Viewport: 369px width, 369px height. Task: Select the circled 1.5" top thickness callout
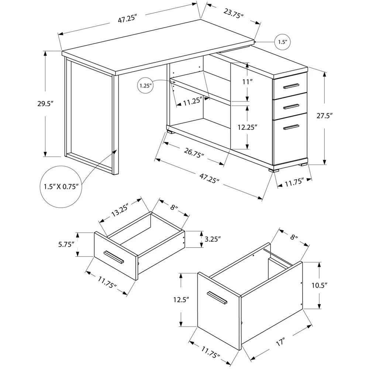point(283,42)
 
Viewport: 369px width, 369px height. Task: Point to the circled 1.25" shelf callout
point(145,86)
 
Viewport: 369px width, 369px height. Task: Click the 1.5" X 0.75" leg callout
point(61,187)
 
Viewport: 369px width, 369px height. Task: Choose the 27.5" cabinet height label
point(324,116)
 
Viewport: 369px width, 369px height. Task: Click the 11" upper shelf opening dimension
point(247,82)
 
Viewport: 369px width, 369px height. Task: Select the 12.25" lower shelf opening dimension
point(247,127)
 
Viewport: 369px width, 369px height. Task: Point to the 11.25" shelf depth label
point(193,101)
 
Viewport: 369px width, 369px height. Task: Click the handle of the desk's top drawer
point(291,86)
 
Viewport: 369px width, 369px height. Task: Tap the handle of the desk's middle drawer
point(291,107)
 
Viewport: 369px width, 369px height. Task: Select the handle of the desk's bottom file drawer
point(291,127)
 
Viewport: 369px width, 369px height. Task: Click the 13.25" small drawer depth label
point(120,210)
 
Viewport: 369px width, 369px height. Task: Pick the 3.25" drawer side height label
point(213,239)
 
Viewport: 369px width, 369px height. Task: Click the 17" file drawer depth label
point(280,342)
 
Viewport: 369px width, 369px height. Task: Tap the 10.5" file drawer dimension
point(320,286)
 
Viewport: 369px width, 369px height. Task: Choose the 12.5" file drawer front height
point(182,300)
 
